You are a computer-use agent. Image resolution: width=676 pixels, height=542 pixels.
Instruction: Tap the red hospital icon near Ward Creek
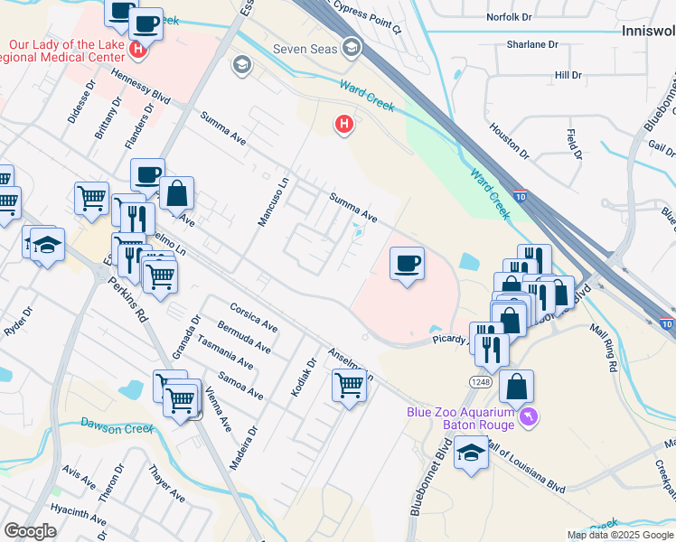pyautogui.click(x=343, y=125)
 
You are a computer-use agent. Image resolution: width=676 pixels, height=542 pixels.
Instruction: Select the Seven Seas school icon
pyautogui.click(x=352, y=48)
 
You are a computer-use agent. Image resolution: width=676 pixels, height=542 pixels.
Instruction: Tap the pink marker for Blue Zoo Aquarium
pyautogui.click(x=529, y=417)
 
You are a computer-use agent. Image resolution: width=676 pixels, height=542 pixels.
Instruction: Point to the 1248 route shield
pyautogui.click(x=479, y=382)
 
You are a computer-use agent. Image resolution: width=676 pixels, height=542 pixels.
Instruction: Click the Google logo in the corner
pyautogui.click(x=30, y=531)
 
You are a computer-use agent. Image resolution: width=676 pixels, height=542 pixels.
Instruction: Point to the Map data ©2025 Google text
pyautogui.click(x=621, y=535)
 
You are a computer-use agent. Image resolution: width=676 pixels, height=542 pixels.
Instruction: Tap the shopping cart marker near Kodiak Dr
pyautogui.click(x=349, y=386)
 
